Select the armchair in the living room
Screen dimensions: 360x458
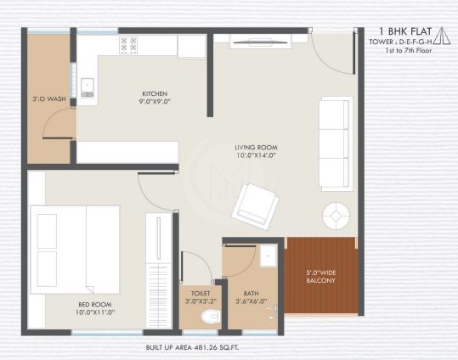(254, 205)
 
